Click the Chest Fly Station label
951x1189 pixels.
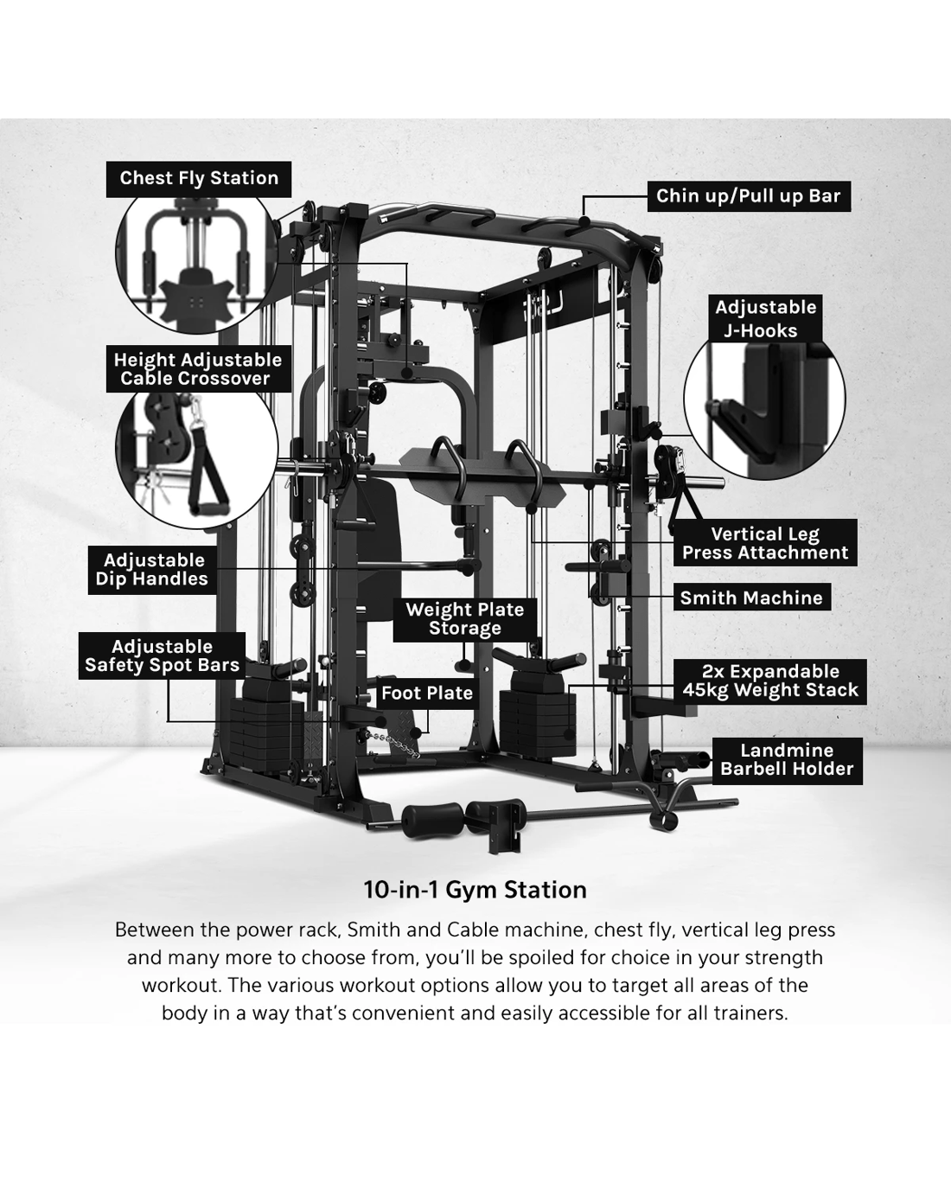click(198, 179)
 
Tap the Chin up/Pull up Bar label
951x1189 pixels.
click(749, 196)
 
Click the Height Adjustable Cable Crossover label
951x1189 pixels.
click(198, 369)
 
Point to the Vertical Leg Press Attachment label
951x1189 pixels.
click(765, 542)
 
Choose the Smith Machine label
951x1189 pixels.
click(751, 598)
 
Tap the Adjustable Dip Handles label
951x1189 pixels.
click(152, 570)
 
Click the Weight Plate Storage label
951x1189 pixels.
click(465, 619)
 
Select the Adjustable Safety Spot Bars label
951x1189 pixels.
click(162, 655)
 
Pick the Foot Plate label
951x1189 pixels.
click(427, 694)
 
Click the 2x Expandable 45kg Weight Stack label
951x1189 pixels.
click(770, 681)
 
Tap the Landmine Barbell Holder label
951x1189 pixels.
click(787, 760)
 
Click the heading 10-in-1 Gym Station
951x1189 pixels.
click(475, 890)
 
